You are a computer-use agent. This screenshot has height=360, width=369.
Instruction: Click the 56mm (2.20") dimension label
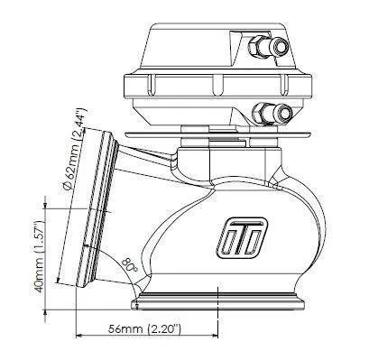[x=144, y=329]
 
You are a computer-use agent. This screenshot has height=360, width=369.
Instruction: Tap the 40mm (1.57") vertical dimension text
[x=39, y=257]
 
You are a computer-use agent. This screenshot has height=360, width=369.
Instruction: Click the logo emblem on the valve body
[x=242, y=237]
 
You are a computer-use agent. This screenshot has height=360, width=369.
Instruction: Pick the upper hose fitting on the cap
[x=268, y=47]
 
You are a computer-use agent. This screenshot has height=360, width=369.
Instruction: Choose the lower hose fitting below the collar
[x=272, y=113]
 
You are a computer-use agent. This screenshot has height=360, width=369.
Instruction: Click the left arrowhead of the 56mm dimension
[x=78, y=335]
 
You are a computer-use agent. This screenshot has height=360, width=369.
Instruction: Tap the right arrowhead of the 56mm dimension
[x=214, y=335]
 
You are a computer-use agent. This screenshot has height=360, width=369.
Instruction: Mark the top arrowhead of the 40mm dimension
[x=45, y=206]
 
